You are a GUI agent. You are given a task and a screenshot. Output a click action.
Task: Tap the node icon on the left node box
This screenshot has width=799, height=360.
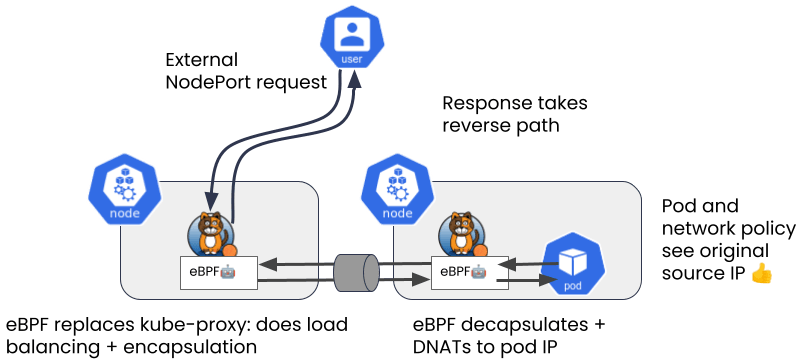[x=124, y=193]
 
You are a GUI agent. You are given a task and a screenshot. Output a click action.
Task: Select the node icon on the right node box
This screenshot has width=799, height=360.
[x=397, y=193]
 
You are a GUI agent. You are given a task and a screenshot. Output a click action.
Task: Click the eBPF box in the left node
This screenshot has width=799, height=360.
[x=220, y=274]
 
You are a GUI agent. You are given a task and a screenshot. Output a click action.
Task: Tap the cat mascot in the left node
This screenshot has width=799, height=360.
[x=211, y=234]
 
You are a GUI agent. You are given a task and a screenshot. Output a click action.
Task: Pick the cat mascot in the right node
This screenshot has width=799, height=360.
[x=462, y=234]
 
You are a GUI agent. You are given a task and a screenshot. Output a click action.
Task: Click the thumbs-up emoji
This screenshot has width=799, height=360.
[x=762, y=274]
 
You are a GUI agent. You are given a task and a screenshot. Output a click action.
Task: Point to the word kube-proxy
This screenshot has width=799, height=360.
[x=177, y=325]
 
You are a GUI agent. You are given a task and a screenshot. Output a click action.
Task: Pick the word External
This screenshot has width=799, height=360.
[x=201, y=60]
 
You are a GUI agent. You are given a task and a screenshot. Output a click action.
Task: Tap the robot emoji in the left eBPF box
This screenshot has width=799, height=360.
[x=227, y=272]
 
